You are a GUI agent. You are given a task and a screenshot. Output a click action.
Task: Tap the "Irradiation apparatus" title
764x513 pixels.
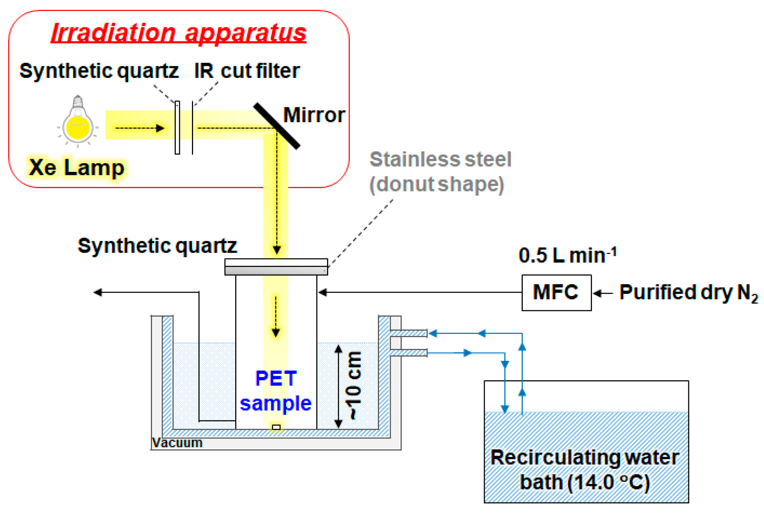(179, 33)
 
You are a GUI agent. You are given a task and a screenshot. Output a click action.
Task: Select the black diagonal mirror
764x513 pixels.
(277, 126)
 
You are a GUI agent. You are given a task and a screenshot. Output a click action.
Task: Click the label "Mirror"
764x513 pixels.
(314, 115)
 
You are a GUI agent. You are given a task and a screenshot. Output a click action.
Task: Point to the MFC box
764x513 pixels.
(556, 293)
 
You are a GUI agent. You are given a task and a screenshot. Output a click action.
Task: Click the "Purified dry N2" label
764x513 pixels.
(689, 293)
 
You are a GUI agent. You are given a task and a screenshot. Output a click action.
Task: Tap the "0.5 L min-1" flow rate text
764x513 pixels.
(568, 255)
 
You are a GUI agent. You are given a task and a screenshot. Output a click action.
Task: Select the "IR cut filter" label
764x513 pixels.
(247, 71)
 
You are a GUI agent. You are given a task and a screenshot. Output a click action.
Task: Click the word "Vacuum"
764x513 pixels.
(177, 443)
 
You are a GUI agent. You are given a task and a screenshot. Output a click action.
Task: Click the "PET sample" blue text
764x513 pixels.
(276, 391)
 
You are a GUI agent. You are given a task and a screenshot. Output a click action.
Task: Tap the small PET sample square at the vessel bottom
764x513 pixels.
(276, 427)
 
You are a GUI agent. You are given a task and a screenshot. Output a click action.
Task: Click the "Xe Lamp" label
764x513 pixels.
(77, 167)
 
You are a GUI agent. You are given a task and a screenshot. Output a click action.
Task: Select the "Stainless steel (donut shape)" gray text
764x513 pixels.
(440, 172)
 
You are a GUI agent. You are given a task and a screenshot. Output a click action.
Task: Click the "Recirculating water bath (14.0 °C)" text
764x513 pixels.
(585, 470)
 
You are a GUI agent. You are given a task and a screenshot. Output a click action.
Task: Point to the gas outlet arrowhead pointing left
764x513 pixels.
(98, 292)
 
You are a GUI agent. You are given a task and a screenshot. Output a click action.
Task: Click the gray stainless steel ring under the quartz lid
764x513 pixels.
(276, 271)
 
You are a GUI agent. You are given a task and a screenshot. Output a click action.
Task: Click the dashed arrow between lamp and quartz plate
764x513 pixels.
(140, 128)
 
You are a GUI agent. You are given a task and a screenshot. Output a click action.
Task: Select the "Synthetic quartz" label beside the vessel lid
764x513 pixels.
(157, 246)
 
